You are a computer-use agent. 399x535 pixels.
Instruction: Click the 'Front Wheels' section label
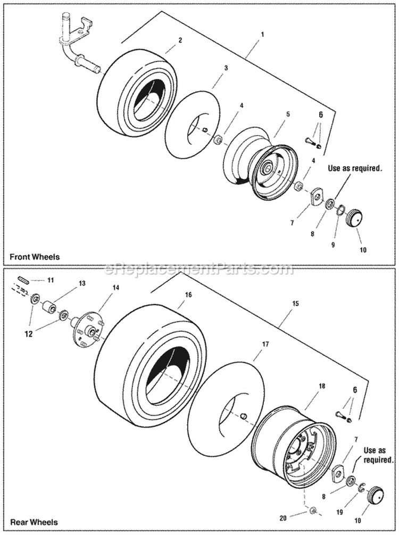(x=35, y=257)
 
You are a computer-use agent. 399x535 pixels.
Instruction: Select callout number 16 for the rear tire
(x=187, y=294)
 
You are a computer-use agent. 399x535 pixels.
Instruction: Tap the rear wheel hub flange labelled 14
(x=86, y=325)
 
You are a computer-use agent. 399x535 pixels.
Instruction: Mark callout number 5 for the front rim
(x=288, y=113)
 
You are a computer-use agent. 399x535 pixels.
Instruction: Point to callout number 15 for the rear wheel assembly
(x=296, y=303)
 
